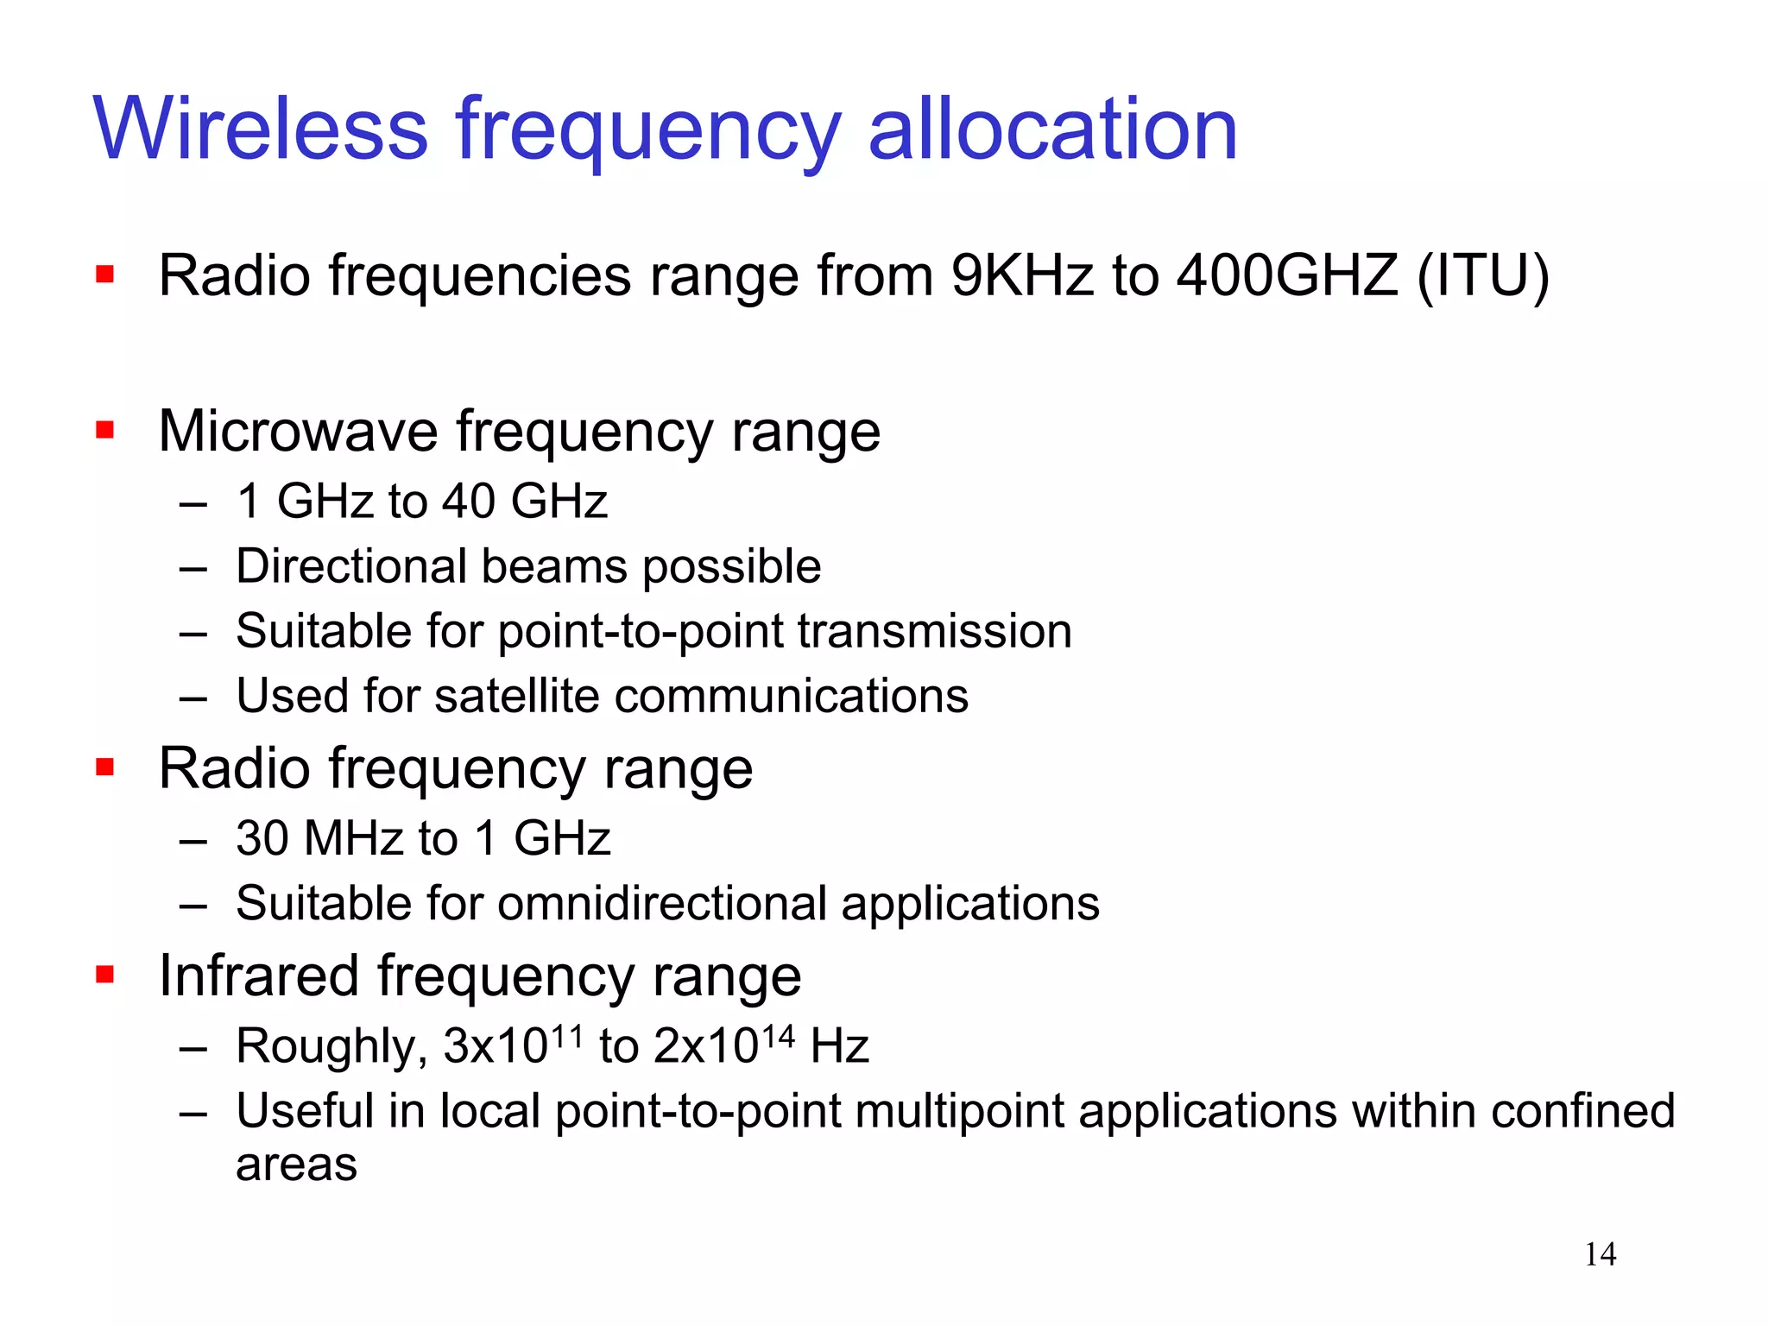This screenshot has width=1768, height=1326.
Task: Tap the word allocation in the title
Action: [x=1052, y=129]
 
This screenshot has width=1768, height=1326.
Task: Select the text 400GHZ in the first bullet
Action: [x=1287, y=276]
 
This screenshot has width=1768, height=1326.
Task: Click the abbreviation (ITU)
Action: [x=1483, y=276]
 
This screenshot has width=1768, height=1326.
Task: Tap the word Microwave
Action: [x=298, y=431]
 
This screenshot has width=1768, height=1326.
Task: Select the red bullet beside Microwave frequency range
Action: [x=105, y=430]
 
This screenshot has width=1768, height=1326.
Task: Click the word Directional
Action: [x=349, y=567]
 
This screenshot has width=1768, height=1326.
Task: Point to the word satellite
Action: [x=516, y=696]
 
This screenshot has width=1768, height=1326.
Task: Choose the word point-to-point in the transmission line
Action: [x=639, y=632]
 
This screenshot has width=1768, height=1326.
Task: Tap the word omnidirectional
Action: [x=661, y=904]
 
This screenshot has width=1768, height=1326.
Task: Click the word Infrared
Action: [x=258, y=976]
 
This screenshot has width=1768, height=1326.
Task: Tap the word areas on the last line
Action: [x=296, y=1165]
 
